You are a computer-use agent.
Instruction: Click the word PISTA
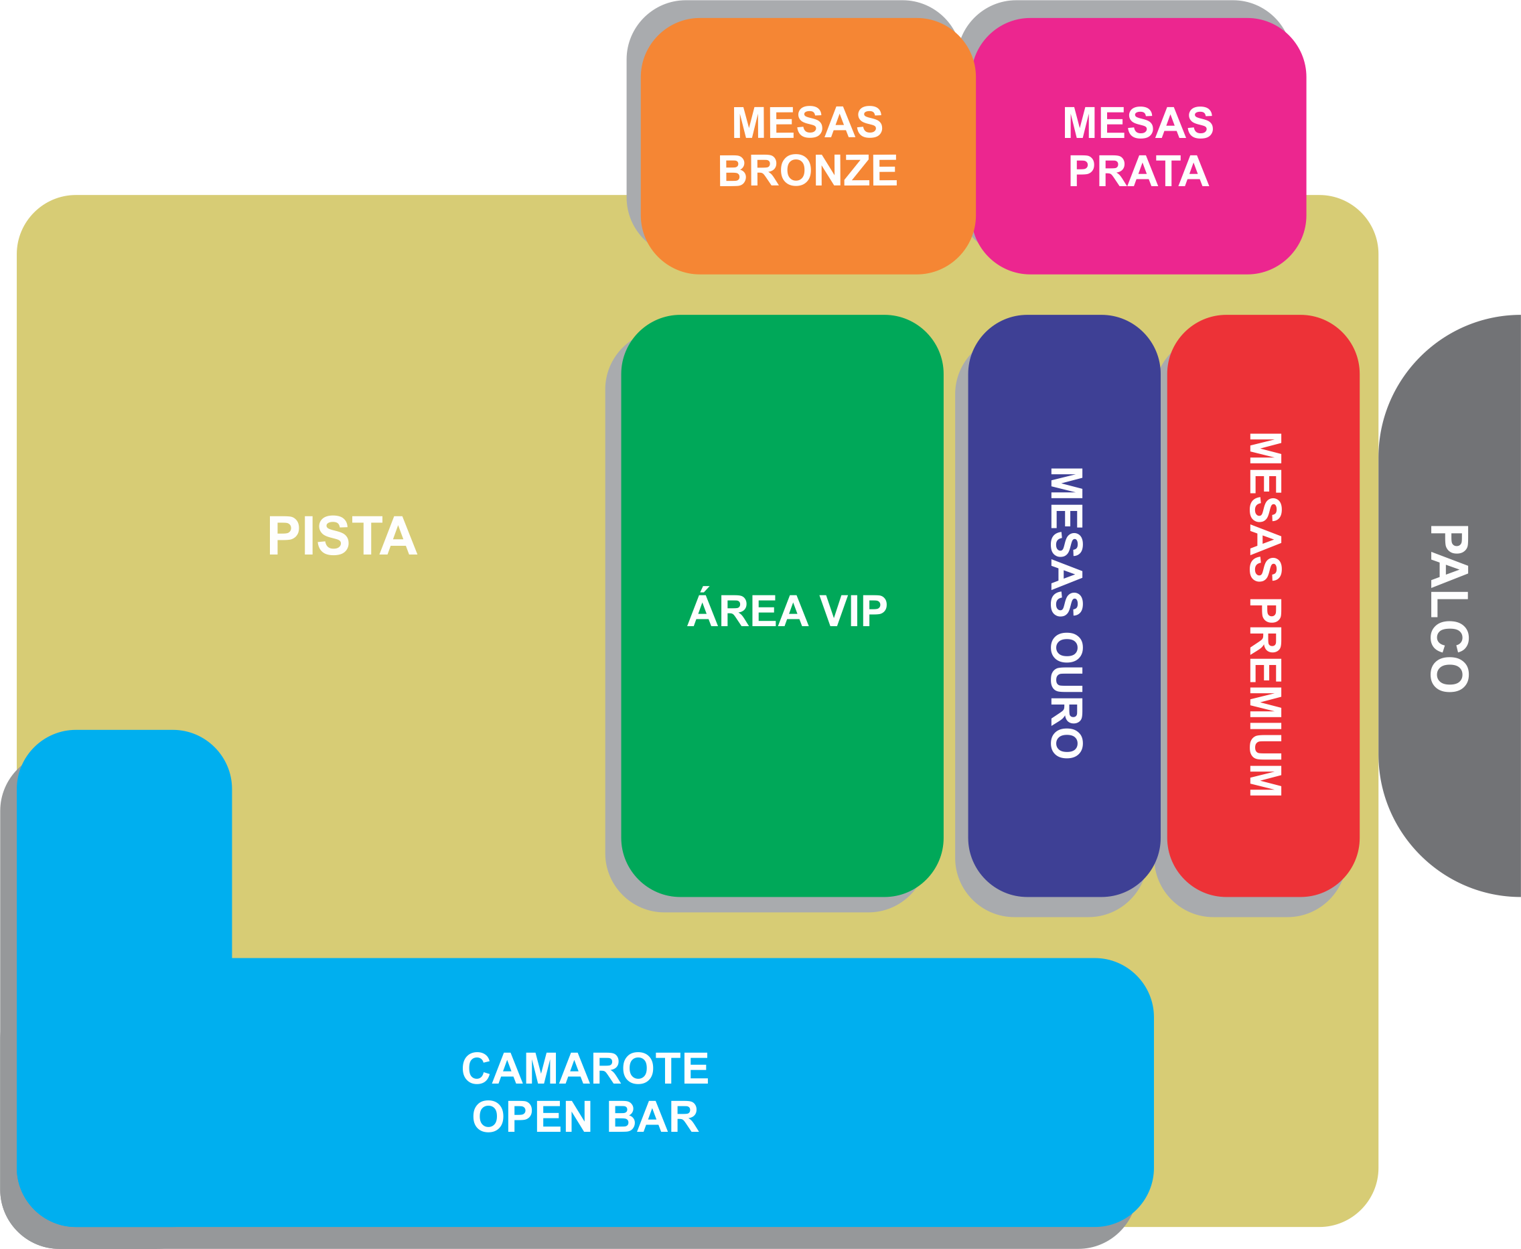pos(342,536)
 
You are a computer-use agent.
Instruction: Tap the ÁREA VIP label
pos(786,611)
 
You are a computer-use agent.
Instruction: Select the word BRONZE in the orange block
pos(807,171)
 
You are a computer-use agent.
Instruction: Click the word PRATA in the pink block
pos(1138,171)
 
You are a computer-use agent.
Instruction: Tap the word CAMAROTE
pos(585,1068)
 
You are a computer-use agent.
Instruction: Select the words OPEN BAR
pos(585,1117)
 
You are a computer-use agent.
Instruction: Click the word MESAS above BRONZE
pos(807,123)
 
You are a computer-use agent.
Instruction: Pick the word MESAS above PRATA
pos(1138,123)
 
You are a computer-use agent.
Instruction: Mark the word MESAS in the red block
pos(1266,507)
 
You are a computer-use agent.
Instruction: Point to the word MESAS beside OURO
pos(1066,542)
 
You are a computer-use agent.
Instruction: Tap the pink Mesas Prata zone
pos(1138,230)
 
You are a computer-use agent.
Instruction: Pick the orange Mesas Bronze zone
pos(807,230)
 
